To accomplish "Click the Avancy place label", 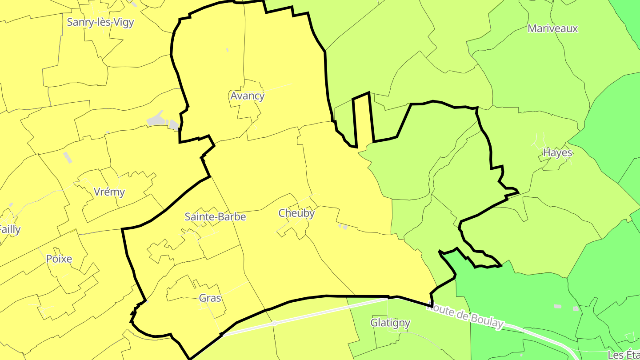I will (x=247, y=96).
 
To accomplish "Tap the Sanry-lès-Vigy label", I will (x=100, y=22).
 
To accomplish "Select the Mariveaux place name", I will (x=552, y=28).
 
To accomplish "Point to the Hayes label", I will (x=557, y=153).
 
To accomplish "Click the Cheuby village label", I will (x=296, y=213).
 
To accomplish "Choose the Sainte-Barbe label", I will (x=215, y=217).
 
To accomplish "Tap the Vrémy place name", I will (x=109, y=192).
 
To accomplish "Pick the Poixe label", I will (x=59, y=259).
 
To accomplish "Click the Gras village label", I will (x=210, y=298).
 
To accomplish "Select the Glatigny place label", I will (x=390, y=323).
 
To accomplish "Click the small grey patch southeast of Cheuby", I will (x=343, y=227).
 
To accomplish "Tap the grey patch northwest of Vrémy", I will (x=68, y=157).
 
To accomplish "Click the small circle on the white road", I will (x=275, y=324).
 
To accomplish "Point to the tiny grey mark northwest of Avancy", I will (x=227, y=50).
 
